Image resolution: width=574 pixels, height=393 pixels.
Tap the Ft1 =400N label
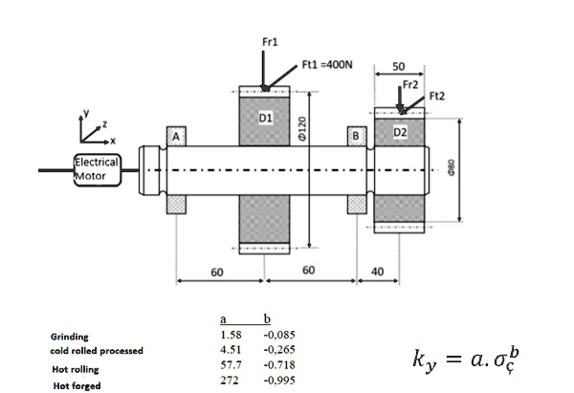click(x=327, y=65)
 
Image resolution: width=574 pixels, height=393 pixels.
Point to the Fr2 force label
click(x=410, y=85)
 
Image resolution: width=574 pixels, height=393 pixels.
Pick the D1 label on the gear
click(x=267, y=118)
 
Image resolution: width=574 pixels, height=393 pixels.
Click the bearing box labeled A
click(x=176, y=137)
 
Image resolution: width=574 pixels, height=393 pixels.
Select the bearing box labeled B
click(x=357, y=137)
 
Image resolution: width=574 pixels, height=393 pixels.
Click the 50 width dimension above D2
click(x=398, y=66)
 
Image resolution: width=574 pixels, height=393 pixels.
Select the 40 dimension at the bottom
click(x=377, y=272)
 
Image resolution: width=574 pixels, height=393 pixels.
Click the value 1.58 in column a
click(x=230, y=336)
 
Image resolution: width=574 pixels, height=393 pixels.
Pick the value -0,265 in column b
click(x=276, y=350)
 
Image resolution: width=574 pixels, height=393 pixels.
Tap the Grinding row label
click(x=70, y=337)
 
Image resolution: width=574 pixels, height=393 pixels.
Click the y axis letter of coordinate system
click(x=84, y=111)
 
